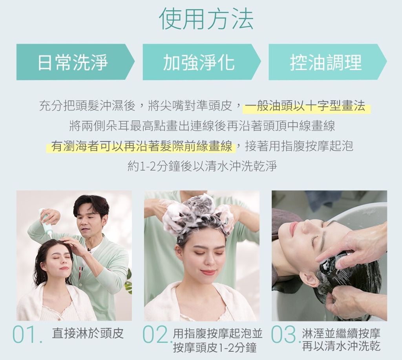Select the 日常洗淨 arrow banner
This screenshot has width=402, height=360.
pyautogui.click(x=75, y=62)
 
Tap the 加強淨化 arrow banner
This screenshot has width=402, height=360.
pyautogui.click(x=202, y=62)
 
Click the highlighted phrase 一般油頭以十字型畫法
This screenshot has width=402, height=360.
pyautogui.click(x=305, y=106)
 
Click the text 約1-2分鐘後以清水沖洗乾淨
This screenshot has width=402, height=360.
pyautogui.click(x=202, y=166)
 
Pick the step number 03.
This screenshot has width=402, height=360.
pyautogui.click(x=285, y=335)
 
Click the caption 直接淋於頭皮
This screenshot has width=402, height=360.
pyautogui.click(x=88, y=333)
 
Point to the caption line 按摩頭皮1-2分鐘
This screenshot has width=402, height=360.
pyautogui.click(x=215, y=348)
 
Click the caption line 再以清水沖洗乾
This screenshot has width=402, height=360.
pyautogui.click(x=341, y=346)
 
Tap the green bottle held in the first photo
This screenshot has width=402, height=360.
pyautogui.click(x=46, y=222)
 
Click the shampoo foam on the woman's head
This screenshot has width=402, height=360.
pyautogui.click(x=197, y=213)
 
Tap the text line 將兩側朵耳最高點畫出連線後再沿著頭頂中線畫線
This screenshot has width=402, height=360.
pyautogui.click(x=202, y=126)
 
